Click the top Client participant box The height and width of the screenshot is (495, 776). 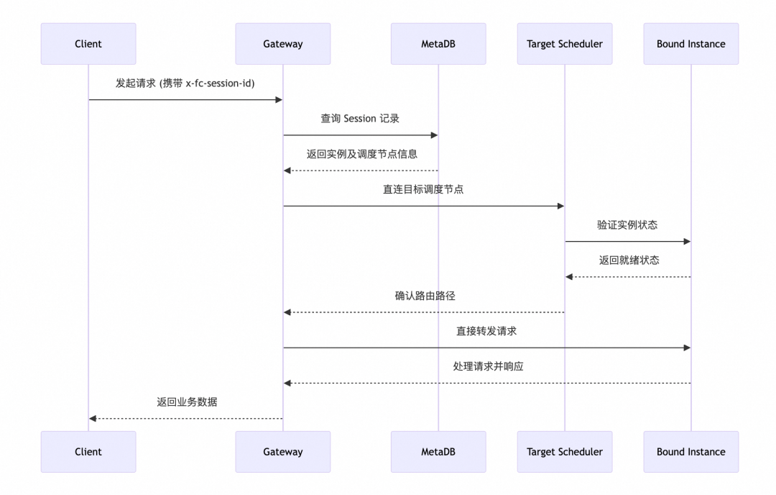88,44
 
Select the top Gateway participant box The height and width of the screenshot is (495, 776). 282,44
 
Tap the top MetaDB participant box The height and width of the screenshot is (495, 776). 438,44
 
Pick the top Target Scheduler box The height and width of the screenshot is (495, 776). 564,44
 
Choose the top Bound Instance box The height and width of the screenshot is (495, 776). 690,44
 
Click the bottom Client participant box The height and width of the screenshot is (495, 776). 88,452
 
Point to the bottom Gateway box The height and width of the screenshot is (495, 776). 282,452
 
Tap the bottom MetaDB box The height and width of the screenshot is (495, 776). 438,452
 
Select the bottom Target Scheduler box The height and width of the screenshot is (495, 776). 564,452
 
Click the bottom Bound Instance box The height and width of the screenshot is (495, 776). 690,452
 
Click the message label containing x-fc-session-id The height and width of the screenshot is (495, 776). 185,83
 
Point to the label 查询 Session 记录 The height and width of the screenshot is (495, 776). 360,119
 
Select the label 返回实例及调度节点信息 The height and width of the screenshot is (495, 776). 361,154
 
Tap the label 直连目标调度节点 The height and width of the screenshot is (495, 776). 423,189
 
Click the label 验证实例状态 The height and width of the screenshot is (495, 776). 627,224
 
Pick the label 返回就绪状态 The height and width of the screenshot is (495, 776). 629,260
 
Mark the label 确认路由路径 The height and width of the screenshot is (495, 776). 425,296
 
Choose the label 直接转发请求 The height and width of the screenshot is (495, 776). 486,331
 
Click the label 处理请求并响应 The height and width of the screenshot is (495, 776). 488,366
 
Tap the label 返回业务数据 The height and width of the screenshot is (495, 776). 187,401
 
